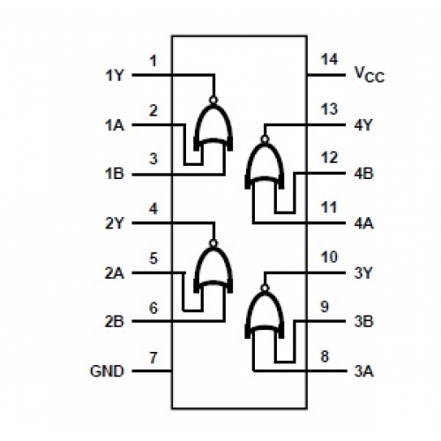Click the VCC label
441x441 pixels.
[x=370, y=75]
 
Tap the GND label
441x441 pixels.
[x=107, y=371]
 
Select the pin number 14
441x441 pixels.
[x=329, y=59]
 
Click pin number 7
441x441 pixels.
[x=153, y=358]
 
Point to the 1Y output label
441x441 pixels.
[x=115, y=76]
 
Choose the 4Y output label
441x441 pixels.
[x=363, y=125]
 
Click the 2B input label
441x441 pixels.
[x=115, y=321]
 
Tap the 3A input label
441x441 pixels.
[x=363, y=371]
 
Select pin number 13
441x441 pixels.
[x=329, y=109]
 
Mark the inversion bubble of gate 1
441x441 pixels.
[x=213, y=100]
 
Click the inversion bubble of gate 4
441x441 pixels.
[x=265, y=138]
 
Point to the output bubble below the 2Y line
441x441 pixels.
[x=213, y=243]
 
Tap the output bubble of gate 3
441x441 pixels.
[x=265, y=288]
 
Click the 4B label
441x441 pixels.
[x=363, y=174]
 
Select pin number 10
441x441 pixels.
[x=329, y=258]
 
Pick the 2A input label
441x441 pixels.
[x=115, y=273]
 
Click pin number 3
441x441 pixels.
[x=153, y=159]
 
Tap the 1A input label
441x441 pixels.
[x=115, y=125]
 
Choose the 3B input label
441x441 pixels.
[x=363, y=321]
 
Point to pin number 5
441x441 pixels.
[x=153, y=258]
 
